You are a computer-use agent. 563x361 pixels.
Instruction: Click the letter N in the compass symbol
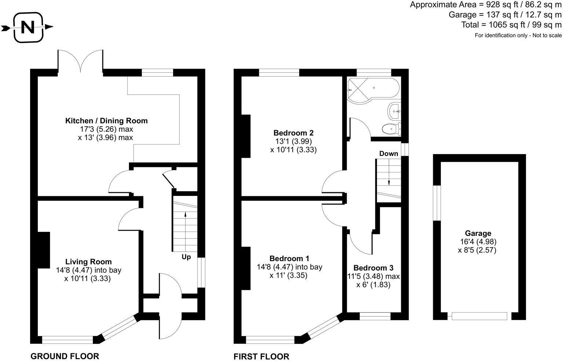[x=28, y=27]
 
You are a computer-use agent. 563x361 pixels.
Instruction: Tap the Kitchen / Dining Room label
[x=106, y=121]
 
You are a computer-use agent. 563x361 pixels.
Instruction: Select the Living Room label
[x=88, y=262]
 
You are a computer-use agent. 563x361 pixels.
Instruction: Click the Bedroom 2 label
[x=293, y=133]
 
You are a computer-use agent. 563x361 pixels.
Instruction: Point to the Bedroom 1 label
[x=289, y=258]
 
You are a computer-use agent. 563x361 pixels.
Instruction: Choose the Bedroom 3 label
[x=373, y=268]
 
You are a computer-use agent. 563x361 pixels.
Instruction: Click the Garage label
[x=478, y=233]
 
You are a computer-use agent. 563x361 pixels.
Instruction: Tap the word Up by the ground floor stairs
[x=186, y=257]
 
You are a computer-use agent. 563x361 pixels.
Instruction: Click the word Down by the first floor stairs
[x=388, y=154]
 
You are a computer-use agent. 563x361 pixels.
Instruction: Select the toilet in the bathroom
[x=391, y=129]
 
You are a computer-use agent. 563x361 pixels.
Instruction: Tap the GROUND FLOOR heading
[x=65, y=356]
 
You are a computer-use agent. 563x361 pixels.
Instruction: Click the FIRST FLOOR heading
[x=262, y=357]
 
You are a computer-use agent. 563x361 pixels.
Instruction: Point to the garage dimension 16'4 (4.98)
[x=478, y=242]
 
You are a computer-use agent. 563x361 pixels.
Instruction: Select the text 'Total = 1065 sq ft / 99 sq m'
[x=511, y=25]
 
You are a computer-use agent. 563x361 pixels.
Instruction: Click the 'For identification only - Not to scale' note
[x=518, y=35]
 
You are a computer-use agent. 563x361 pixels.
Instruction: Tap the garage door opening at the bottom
[x=479, y=316]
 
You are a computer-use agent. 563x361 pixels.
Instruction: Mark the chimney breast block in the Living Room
[x=44, y=250]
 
